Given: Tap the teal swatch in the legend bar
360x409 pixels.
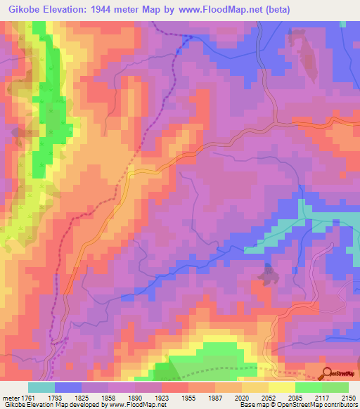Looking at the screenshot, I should [41, 387].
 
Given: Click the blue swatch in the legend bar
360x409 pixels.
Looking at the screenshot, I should [68, 387].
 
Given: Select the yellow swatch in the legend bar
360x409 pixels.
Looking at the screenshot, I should [282, 387].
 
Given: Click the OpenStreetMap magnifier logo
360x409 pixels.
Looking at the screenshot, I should [328, 374].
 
